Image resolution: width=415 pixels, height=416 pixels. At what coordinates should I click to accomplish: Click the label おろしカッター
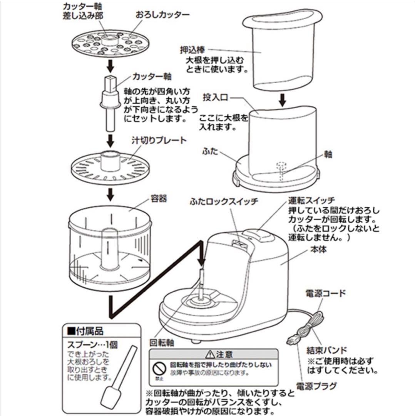pos(162,15)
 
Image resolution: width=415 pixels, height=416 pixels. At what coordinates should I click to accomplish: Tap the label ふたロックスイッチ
pos(223,202)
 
